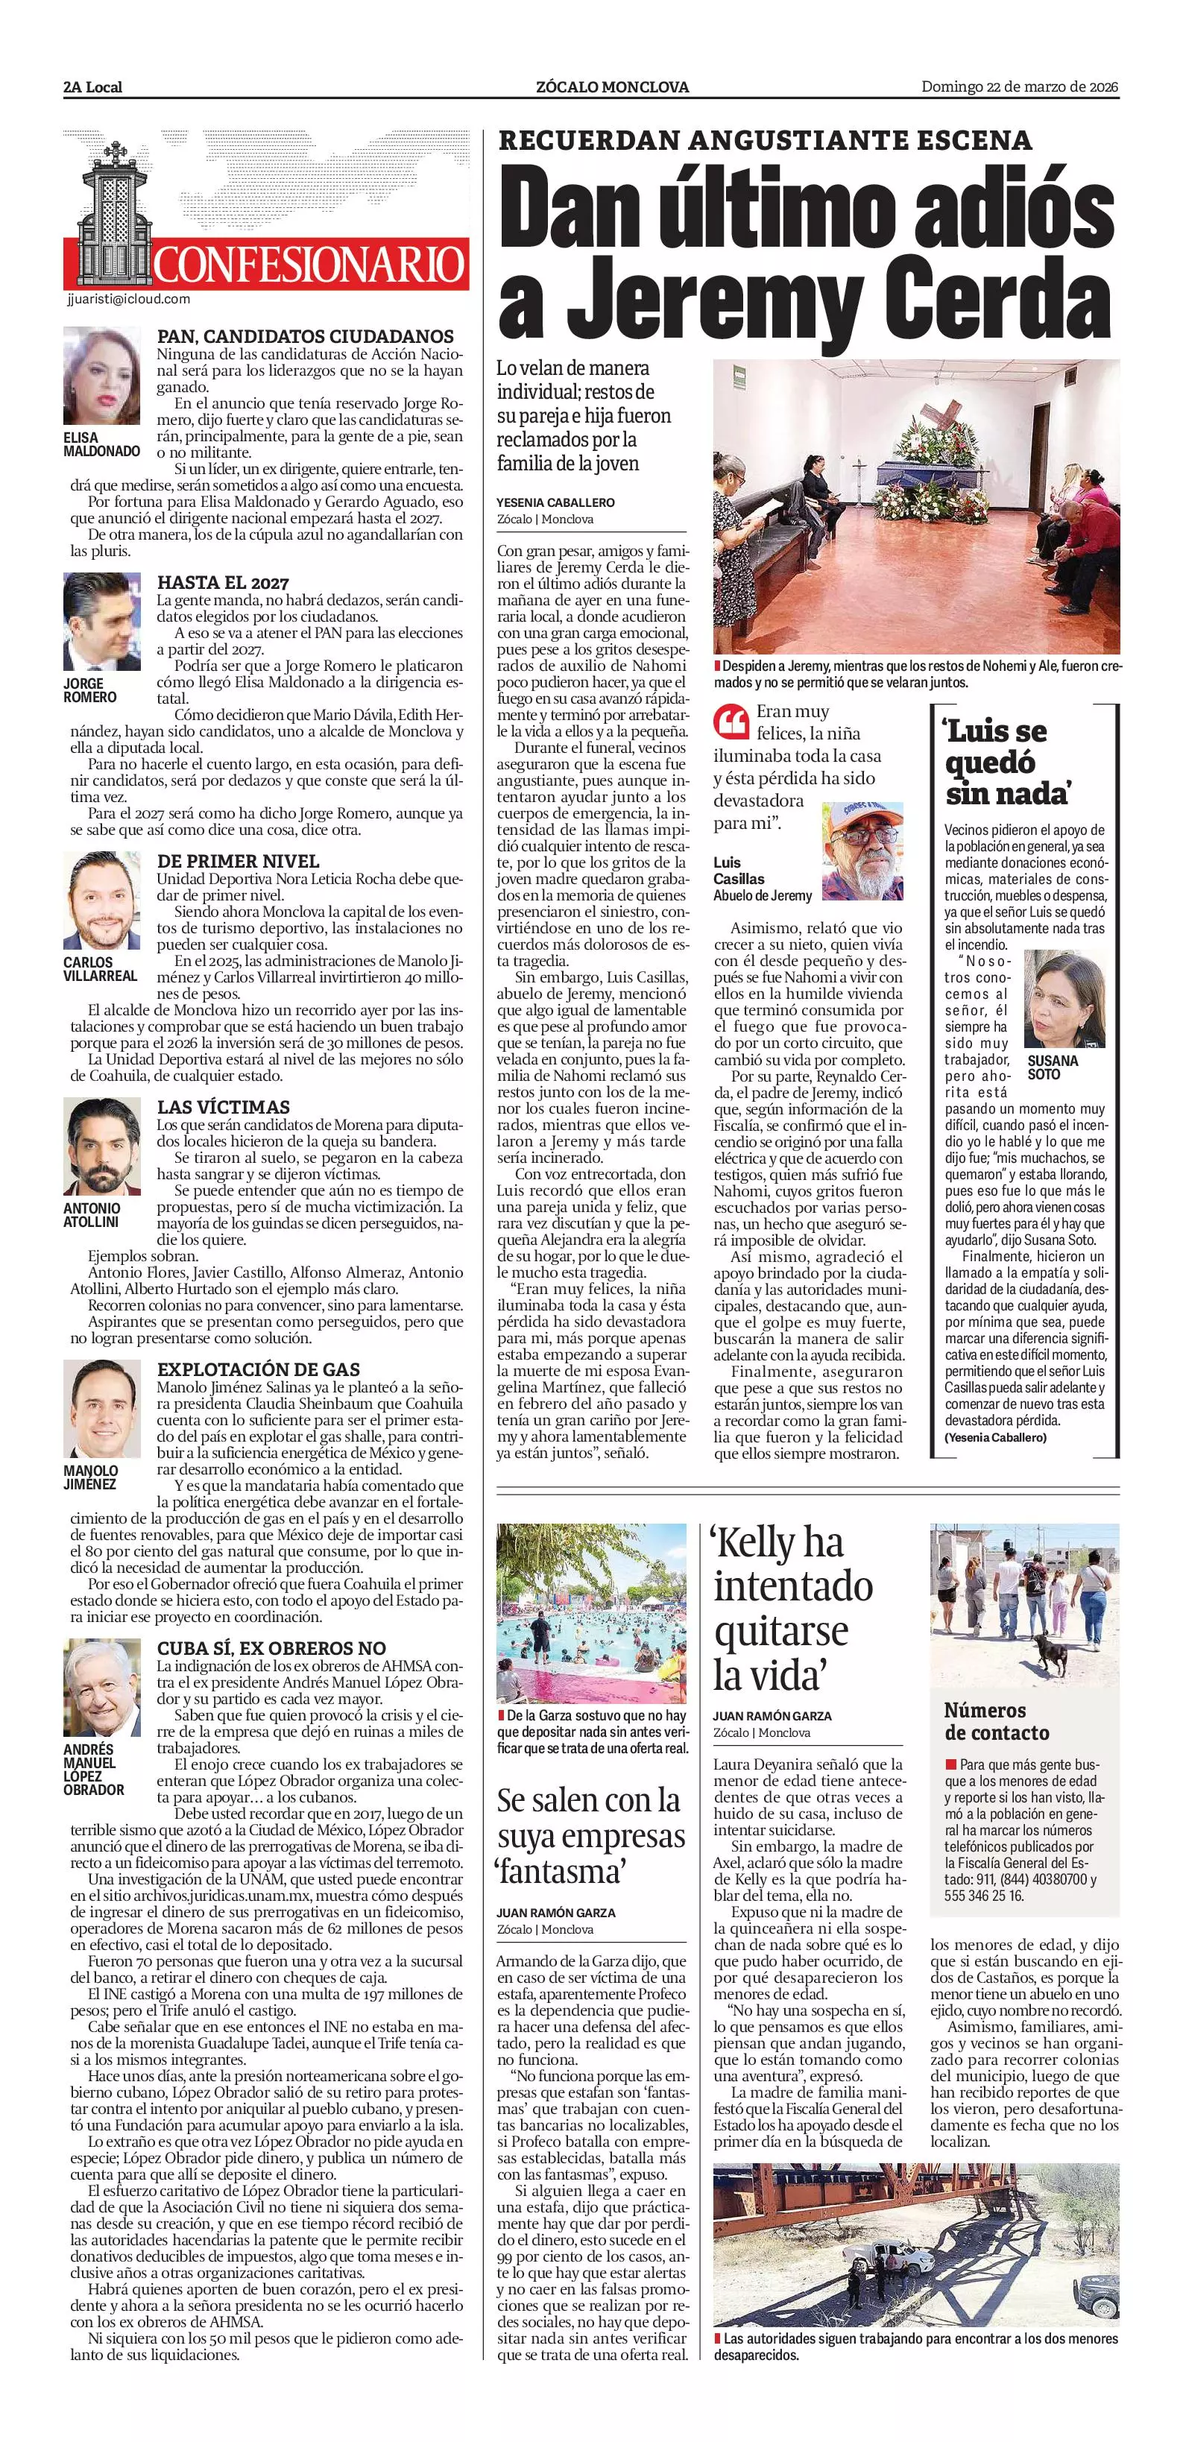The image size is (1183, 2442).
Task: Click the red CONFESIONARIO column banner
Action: coord(308,264)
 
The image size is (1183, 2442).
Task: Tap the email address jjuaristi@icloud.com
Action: coord(129,299)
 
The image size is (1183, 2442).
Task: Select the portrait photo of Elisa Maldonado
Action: coord(101,376)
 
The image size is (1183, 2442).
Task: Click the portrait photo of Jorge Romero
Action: coord(101,621)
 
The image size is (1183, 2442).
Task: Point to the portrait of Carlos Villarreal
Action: coord(102,900)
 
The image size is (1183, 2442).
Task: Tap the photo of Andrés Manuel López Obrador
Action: coord(101,1688)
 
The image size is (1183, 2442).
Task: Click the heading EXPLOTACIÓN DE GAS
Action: coord(258,1369)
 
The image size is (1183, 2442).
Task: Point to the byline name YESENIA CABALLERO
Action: coord(555,502)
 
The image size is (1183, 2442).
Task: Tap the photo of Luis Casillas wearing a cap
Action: coord(862,851)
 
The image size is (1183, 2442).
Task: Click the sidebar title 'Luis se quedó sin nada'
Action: coord(1008,760)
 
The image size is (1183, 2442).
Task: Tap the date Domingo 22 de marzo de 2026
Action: coord(1020,87)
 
